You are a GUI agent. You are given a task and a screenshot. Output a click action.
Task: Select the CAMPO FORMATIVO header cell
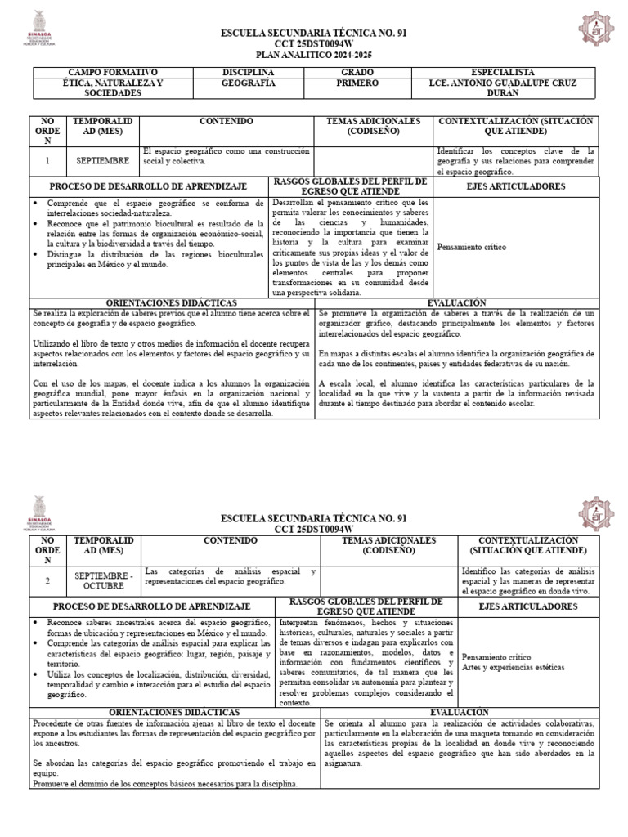coord(112,73)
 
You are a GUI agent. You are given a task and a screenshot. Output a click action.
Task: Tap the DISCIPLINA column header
coord(249,73)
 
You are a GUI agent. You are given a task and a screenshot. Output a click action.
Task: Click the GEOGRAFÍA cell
coord(249,83)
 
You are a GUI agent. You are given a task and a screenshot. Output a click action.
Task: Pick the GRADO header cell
coord(357,73)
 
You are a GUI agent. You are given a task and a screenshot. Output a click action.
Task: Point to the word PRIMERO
coord(357,83)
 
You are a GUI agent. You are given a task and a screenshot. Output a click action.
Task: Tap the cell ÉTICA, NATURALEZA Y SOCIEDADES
coord(112,88)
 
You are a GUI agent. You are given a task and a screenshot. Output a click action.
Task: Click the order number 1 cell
coord(47,161)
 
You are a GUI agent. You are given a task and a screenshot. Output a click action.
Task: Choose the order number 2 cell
coord(47,581)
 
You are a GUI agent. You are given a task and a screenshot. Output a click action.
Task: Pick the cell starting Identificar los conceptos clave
coord(515,162)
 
